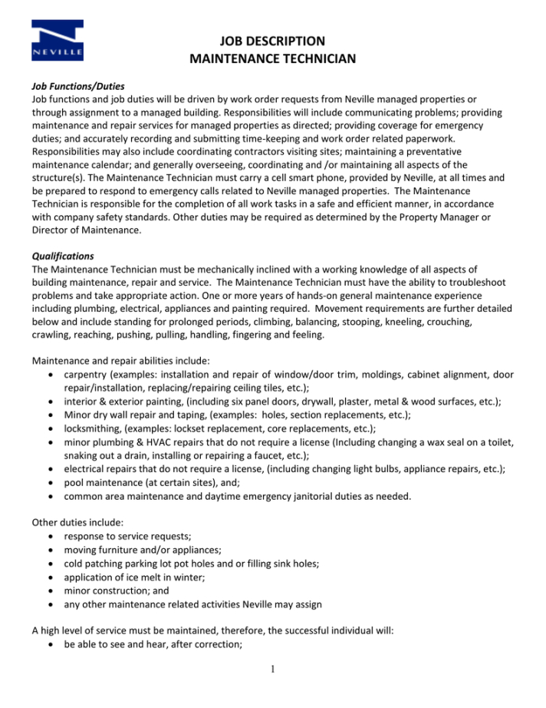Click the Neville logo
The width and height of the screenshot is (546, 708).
coord(58,41)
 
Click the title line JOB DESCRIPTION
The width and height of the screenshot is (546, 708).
coord(273,41)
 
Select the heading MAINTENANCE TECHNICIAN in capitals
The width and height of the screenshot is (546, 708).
coord(273,58)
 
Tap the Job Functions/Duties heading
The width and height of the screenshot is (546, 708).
coord(77,86)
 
